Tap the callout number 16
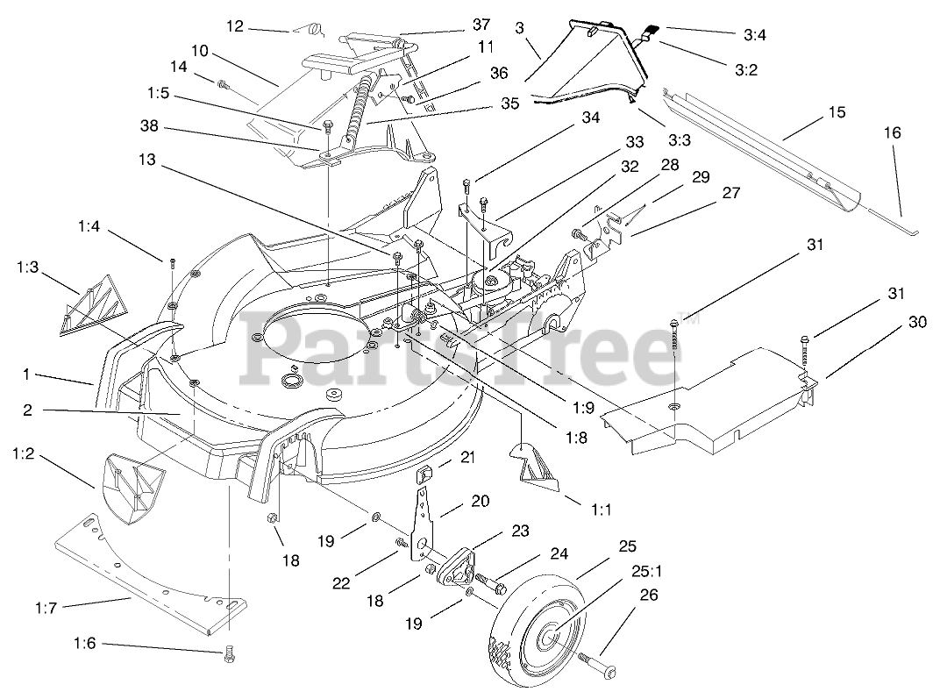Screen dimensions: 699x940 click(892, 133)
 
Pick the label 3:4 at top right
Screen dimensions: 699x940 click(755, 35)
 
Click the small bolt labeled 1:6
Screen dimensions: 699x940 click(229, 652)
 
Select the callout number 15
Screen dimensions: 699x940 click(837, 111)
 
